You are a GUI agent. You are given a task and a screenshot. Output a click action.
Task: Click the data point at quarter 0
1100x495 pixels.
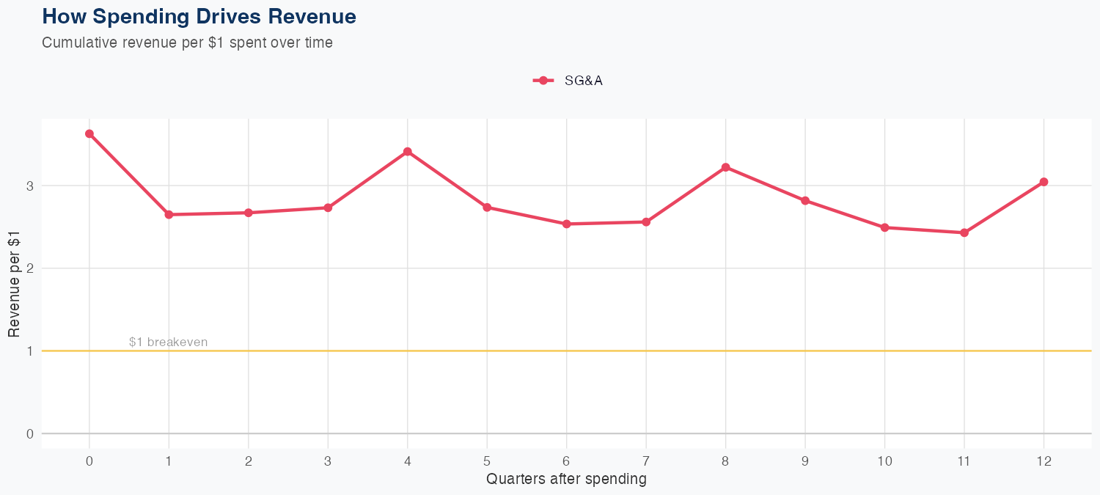89,133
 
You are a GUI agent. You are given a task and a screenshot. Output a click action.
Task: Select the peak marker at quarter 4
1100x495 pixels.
407,152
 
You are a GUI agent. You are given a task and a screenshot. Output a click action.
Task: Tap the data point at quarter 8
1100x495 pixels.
725,167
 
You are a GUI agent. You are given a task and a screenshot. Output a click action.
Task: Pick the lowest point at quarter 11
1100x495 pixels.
964,232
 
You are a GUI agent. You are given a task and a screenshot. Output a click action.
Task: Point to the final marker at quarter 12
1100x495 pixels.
1044,182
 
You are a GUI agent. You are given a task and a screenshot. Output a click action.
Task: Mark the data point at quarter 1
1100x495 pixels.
169,215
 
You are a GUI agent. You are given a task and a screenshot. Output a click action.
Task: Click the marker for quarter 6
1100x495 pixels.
566,224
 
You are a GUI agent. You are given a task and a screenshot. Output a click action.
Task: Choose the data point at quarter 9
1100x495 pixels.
805,200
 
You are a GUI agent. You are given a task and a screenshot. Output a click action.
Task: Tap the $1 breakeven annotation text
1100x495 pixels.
168,342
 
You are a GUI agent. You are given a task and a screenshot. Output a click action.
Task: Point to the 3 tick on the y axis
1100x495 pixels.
30,186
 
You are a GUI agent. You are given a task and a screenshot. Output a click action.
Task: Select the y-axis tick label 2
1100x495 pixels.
30,268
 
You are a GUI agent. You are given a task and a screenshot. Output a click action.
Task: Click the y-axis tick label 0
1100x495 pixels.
30,433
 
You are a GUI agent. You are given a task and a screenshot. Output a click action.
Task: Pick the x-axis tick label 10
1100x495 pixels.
884,461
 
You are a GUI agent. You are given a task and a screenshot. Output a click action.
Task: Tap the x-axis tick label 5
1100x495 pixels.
487,461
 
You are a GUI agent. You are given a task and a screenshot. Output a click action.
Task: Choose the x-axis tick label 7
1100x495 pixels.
646,461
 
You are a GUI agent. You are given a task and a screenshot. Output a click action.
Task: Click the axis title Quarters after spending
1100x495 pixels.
566,480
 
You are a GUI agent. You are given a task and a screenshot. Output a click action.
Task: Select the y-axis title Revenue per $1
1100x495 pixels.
14,283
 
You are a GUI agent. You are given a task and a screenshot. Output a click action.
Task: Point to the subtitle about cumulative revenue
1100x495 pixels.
188,43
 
